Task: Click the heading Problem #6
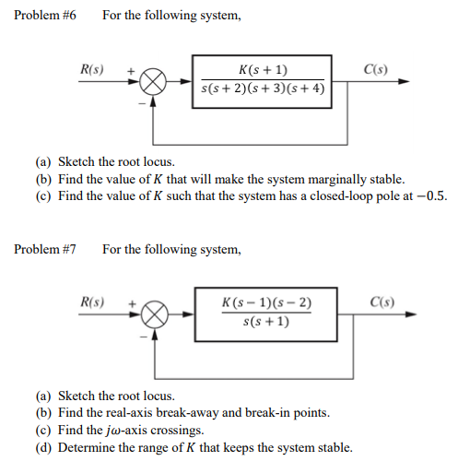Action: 42,16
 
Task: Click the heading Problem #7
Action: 42,249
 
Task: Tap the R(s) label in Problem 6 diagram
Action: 92,69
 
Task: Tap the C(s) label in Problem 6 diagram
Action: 376,69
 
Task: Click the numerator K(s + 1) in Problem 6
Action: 263,71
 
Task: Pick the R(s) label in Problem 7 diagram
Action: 92,302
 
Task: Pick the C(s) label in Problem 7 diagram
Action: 380,302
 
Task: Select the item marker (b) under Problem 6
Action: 43,179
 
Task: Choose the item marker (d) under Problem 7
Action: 43,447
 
